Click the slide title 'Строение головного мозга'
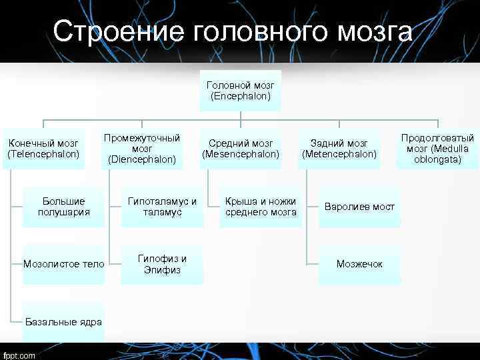pyautogui.click(x=233, y=32)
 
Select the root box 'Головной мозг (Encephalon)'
pyautogui.click(x=240, y=91)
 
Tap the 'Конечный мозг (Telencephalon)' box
pyautogui.click(x=43, y=149)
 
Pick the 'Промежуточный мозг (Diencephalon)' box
pyautogui.click(x=142, y=149)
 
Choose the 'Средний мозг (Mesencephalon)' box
pyautogui.click(x=240, y=149)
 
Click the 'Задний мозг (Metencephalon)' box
pyautogui.click(x=339, y=149)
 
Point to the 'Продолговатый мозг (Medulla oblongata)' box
pyautogui.click(x=437, y=149)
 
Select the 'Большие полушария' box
pyautogui.click(x=64, y=207)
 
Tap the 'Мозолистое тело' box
pyautogui.click(x=64, y=264)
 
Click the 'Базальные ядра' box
pyautogui.click(x=64, y=322)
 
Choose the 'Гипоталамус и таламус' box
pyautogui.click(x=162, y=207)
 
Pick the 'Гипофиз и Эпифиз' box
pyautogui.click(x=162, y=264)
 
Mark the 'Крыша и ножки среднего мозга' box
pyautogui.click(x=261, y=207)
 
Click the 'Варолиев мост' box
pyautogui.click(x=359, y=207)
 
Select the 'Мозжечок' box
pyautogui.click(x=359, y=264)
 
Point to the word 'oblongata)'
pyautogui.click(x=437, y=159)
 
